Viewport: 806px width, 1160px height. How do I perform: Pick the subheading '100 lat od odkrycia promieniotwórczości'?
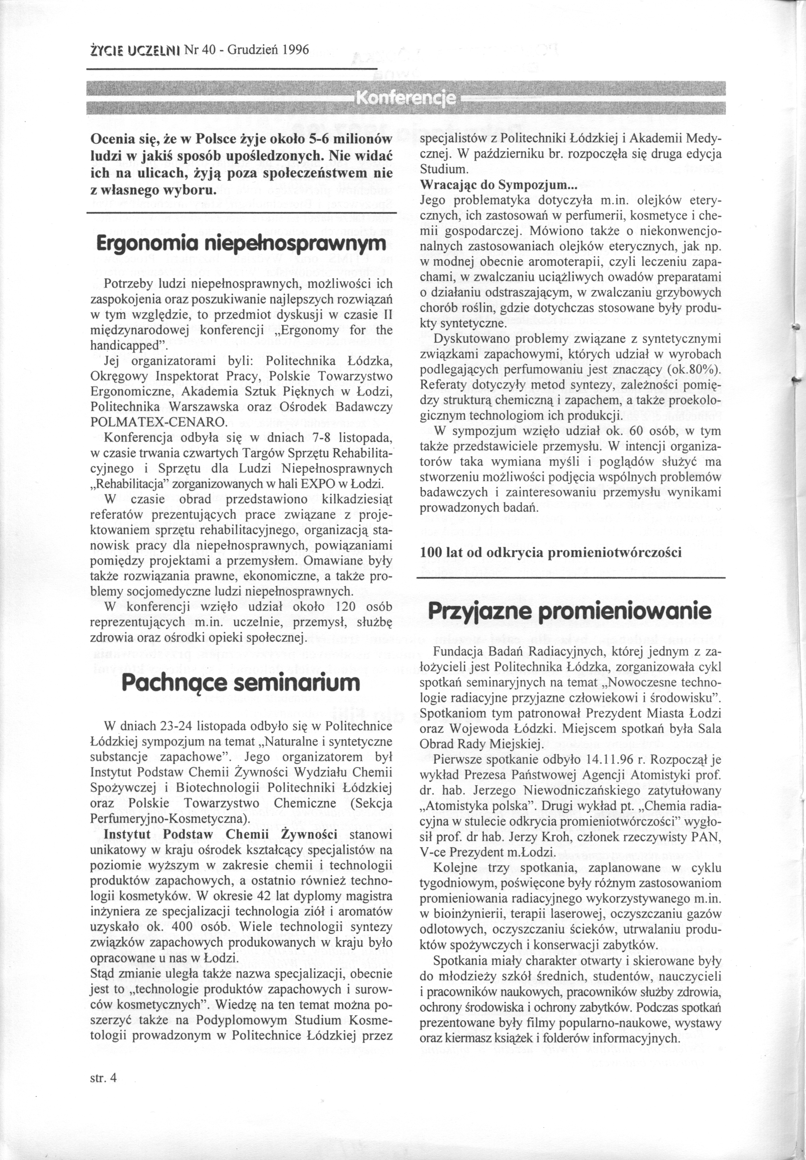[550, 553]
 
